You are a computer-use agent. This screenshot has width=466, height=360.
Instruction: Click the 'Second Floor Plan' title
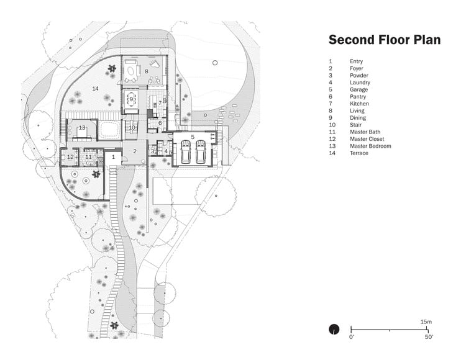point(384,40)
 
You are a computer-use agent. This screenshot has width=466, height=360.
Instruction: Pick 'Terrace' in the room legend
point(359,153)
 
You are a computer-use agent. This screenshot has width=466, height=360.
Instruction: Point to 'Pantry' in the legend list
point(358,97)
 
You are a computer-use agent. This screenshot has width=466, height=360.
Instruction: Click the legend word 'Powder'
point(359,76)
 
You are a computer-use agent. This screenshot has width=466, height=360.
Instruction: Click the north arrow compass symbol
point(334,329)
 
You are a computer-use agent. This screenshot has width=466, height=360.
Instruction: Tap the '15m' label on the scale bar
point(426,322)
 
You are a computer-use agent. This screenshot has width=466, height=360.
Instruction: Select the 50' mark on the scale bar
point(429,337)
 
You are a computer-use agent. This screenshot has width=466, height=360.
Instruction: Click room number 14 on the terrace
point(95,89)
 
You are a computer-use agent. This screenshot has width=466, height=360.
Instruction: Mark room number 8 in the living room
point(147,71)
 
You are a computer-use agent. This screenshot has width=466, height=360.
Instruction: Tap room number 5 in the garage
point(193,137)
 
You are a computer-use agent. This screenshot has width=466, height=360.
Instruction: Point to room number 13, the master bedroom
point(81,128)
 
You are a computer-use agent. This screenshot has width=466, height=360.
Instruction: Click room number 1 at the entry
point(113,158)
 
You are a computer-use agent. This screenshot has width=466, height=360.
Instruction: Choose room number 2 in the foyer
point(134,151)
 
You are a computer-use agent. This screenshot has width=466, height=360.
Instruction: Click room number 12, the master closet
point(70,157)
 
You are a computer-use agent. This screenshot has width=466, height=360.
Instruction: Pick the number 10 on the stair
point(132,127)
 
